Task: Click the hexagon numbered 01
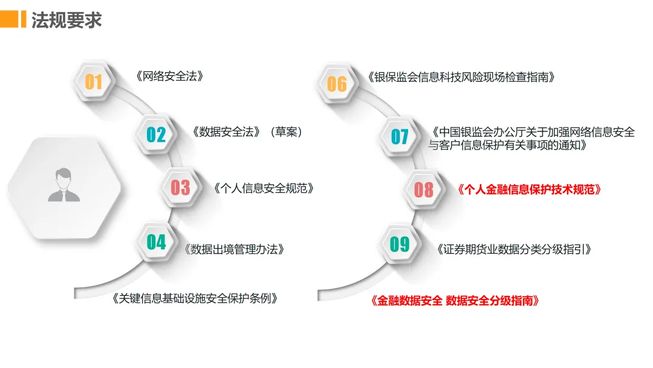tap(94, 81)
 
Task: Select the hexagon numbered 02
tap(156, 134)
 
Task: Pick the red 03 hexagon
tap(180, 188)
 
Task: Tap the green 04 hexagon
tap(156, 242)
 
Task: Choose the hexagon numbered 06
tap(337, 84)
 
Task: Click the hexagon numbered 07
tap(400, 136)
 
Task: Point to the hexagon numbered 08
tap(424, 189)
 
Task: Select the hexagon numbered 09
tap(400, 244)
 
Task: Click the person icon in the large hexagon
tap(64, 185)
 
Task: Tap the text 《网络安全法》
tap(169, 77)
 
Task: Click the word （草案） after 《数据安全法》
tap(286, 131)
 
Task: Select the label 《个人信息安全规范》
tap(264, 188)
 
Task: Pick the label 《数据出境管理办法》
tap(234, 249)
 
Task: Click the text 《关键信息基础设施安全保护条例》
tap(195, 298)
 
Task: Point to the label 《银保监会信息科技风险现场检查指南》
tap(461, 77)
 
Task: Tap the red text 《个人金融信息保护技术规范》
tap(530, 189)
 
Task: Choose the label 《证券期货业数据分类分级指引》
tap(513, 249)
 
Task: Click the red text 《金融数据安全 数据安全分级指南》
tap(454, 301)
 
